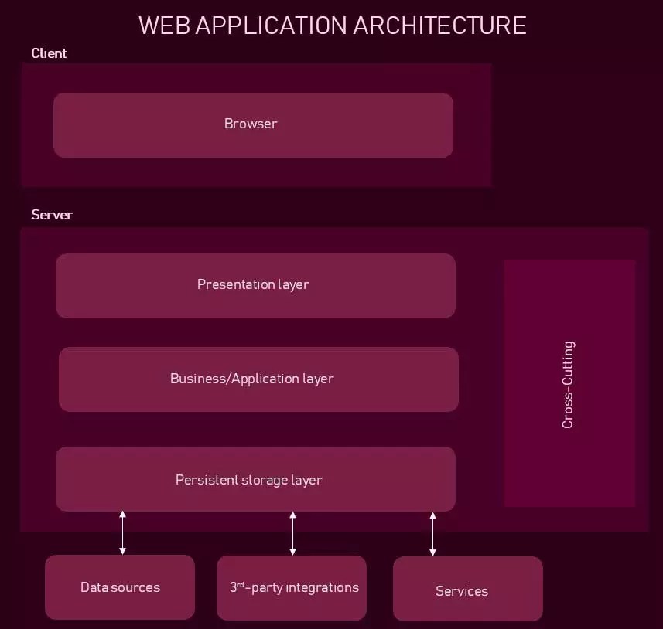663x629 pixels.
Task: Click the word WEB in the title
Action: [x=165, y=25]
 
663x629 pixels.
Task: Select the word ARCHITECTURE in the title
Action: [x=439, y=25]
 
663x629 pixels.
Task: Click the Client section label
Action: [x=49, y=53]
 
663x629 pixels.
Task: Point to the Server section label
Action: [x=52, y=215]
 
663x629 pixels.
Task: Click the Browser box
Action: [x=253, y=124]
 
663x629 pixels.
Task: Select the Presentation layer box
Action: [x=255, y=285]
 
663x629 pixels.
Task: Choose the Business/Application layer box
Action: [x=258, y=379]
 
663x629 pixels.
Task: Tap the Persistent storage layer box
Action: [x=255, y=479]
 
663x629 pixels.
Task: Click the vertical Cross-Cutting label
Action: [x=568, y=384]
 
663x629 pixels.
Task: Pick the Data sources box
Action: [x=120, y=587]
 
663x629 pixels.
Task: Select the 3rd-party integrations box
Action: [x=292, y=587]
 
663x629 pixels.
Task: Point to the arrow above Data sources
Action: [x=122, y=532]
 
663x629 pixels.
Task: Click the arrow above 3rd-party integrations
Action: [x=292, y=533]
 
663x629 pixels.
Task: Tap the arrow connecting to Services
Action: [x=432, y=533]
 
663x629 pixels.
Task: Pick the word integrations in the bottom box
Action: [x=322, y=587]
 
